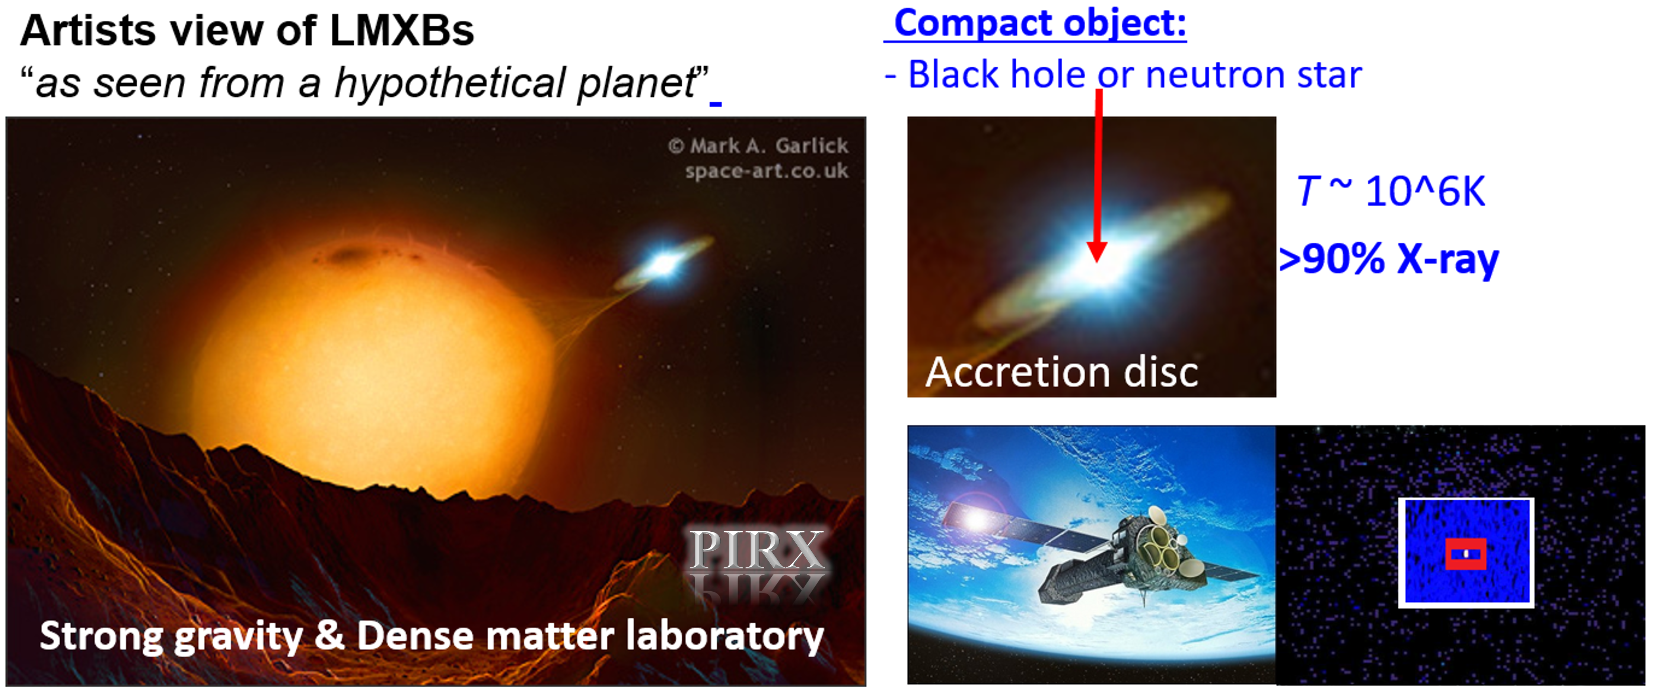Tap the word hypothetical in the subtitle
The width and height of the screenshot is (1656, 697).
450,84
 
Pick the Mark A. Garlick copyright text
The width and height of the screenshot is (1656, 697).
759,146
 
